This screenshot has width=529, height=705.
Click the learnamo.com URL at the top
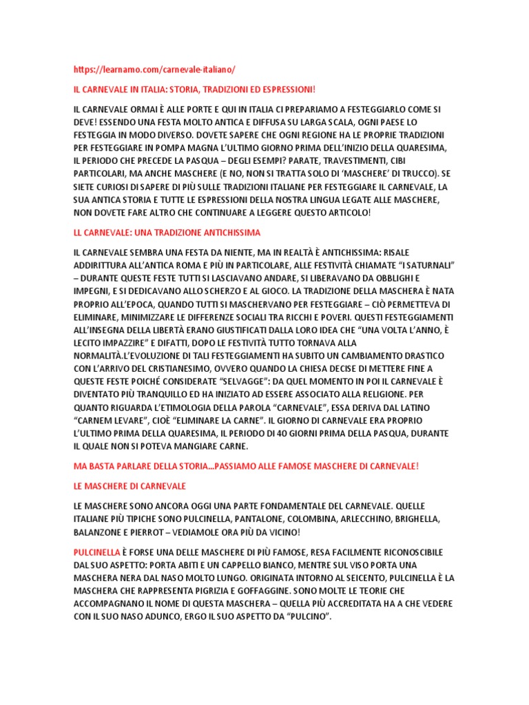click(x=154, y=70)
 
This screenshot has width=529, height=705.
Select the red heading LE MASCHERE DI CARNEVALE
click(x=129, y=486)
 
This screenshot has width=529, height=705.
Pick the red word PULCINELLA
click(x=96, y=552)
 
